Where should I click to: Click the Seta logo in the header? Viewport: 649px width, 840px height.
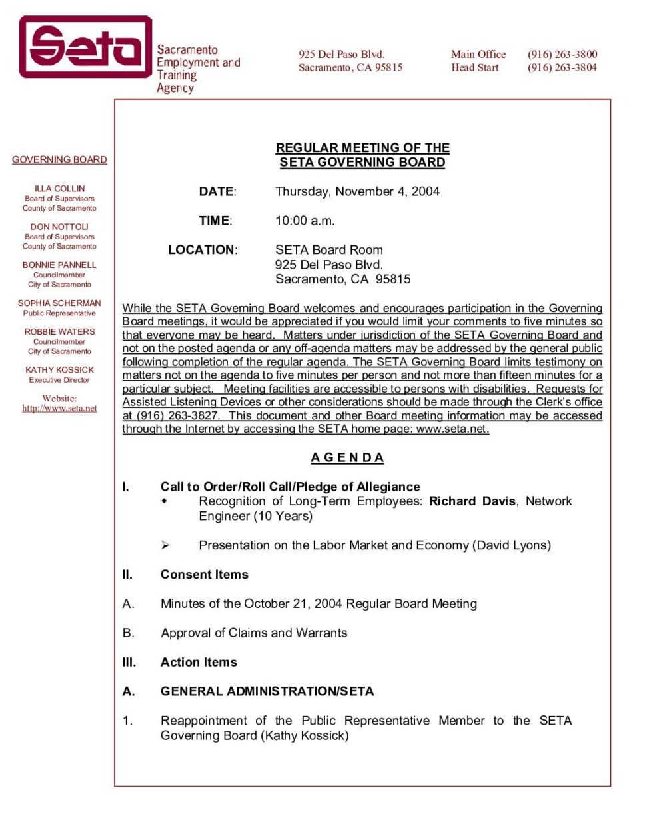85,47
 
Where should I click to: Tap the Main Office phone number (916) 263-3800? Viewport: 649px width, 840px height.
562,55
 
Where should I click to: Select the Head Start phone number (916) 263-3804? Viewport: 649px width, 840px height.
562,67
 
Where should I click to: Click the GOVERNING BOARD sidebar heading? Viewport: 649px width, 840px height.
59,160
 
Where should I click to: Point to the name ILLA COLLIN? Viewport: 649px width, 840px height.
59,189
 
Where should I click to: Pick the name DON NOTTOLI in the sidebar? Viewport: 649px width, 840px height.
59,227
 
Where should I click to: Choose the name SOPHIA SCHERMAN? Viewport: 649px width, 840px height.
59,303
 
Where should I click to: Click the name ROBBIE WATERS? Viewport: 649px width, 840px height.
59,331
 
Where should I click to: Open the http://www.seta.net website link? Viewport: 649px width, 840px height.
59,408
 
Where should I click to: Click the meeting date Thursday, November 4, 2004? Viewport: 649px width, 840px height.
357,192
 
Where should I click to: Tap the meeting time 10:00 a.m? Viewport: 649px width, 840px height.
305,221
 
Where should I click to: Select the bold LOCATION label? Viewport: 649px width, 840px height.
202,250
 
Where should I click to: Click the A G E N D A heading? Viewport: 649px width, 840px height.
347,458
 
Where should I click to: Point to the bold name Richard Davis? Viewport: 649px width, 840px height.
472,501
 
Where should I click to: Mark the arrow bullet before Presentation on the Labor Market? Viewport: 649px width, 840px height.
165,545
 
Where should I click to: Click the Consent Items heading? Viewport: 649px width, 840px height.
204,575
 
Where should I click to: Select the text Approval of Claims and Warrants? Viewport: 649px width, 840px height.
254,633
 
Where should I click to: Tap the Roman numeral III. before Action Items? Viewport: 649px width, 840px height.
129,663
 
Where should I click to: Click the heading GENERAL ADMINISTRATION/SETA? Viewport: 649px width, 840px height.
267,692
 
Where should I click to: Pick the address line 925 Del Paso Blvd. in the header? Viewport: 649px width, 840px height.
341,55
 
